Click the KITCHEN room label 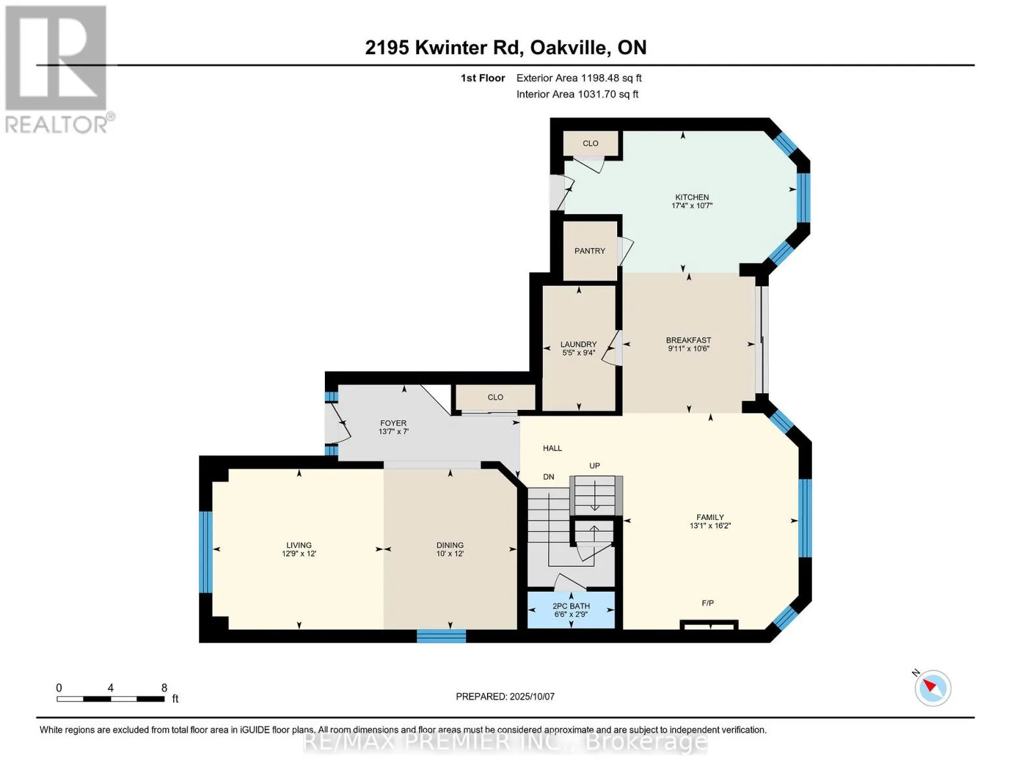(x=692, y=197)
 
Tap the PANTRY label (x=589, y=251)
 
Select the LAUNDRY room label (x=578, y=344)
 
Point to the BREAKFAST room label (x=689, y=340)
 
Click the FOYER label (x=393, y=423)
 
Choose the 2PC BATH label (x=571, y=606)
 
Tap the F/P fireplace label (x=708, y=603)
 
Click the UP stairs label (x=594, y=465)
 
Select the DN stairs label (x=549, y=477)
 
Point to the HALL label (x=552, y=448)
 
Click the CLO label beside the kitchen (x=590, y=143)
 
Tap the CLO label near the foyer (x=495, y=397)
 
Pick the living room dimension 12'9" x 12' (x=299, y=554)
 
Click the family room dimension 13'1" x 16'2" (x=710, y=526)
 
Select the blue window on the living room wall (x=206, y=552)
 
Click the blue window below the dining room (x=441, y=636)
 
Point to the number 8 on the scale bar (x=164, y=687)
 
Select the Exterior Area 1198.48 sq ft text (x=579, y=78)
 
